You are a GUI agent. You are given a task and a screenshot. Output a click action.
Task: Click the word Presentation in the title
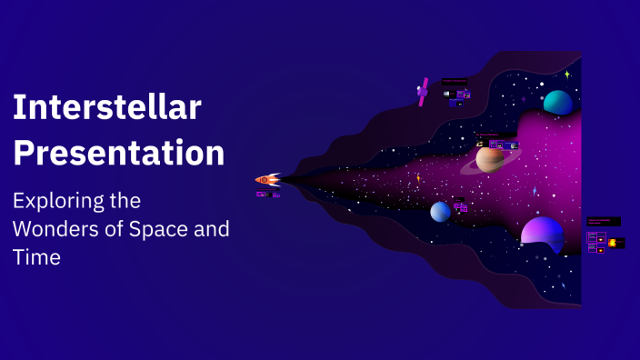pos(118,152)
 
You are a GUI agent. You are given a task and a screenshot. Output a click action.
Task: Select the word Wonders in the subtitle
pos(57,229)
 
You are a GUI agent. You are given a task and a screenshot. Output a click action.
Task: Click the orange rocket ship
pos(267,180)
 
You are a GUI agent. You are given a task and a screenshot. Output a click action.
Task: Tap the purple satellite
pos(423,92)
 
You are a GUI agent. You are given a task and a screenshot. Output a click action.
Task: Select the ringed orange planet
pos(490,160)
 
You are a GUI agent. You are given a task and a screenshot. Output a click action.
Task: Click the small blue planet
pos(441,211)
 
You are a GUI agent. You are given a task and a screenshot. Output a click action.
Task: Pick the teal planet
pos(557,103)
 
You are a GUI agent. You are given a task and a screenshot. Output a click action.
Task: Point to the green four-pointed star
pos(567,75)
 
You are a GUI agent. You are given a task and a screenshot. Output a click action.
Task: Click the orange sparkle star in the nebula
pos(418,179)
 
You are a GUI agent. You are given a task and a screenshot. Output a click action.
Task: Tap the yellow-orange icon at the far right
pos(614,243)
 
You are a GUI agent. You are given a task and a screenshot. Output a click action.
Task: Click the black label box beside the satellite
pos(455,82)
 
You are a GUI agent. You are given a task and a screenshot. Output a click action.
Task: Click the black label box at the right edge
pos(604,221)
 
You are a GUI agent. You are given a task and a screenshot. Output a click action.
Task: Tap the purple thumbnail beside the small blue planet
pos(462,207)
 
